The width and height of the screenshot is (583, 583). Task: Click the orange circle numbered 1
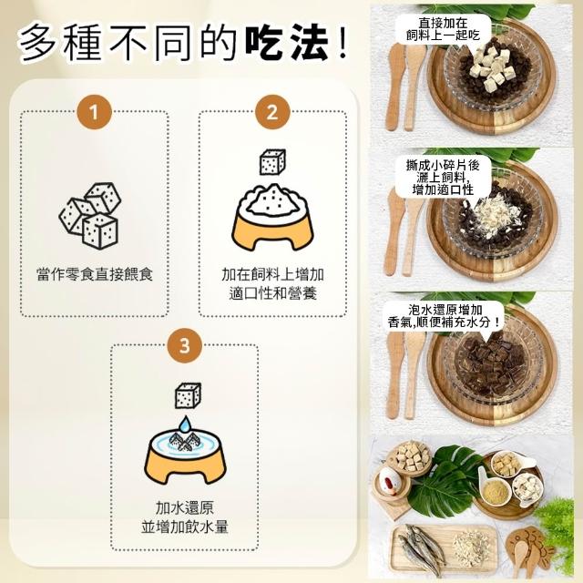click(95, 112)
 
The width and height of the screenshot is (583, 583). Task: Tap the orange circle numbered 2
click(272, 112)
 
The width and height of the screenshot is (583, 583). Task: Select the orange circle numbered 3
click(184, 345)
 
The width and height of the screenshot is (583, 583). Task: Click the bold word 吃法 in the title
click(287, 42)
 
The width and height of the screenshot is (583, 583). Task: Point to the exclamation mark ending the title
click(343, 42)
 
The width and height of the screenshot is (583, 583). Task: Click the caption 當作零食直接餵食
click(95, 274)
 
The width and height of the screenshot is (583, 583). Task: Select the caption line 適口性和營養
click(272, 293)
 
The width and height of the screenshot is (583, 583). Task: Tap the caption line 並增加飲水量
click(184, 527)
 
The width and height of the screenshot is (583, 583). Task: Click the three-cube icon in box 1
click(90, 215)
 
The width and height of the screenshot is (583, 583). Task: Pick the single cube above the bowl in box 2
click(272, 162)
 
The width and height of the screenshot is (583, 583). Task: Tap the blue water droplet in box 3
click(184, 424)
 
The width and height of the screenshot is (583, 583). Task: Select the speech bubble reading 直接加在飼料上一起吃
click(443, 30)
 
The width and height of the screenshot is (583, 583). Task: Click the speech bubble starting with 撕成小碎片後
click(443, 178)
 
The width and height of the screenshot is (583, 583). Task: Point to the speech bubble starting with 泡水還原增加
click(444, 317)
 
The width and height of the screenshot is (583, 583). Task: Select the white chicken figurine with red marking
click(389, 480)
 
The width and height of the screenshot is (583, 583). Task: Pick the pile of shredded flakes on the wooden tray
click(470, 546)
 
